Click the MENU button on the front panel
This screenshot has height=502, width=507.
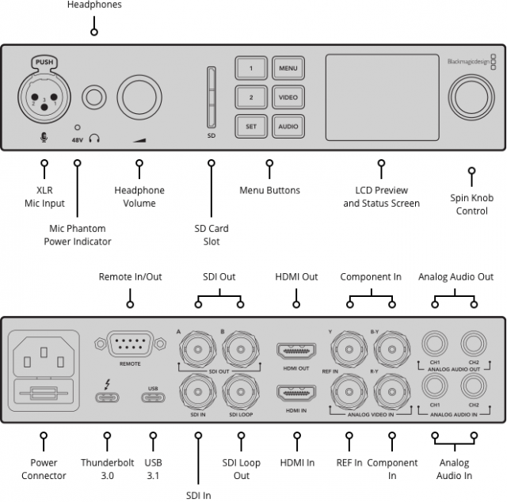pyautogui.click(x=288, y=68)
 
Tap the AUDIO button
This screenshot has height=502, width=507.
pyautogui.click(x=288, y=126)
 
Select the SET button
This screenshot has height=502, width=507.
pyautogui.click(x=250, y=126)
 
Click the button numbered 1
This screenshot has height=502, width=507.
pyautogui.click(x=250, y=68)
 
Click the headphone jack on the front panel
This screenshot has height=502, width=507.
pyautogui.click(x=95, y=98)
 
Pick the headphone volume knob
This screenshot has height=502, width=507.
pyautogui.click(x=140, y=98)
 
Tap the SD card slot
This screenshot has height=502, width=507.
pyautogui.click(x=211, y=96)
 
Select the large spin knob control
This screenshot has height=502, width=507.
pyautogui.click(x=471, y=100)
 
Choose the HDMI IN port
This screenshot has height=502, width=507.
pyautogui.click(x=296, y=392)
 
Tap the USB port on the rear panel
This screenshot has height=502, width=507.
pyautogui.click(x=153, y=394)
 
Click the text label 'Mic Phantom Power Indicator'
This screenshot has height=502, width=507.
pyautogui.click(x=77, y=235)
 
